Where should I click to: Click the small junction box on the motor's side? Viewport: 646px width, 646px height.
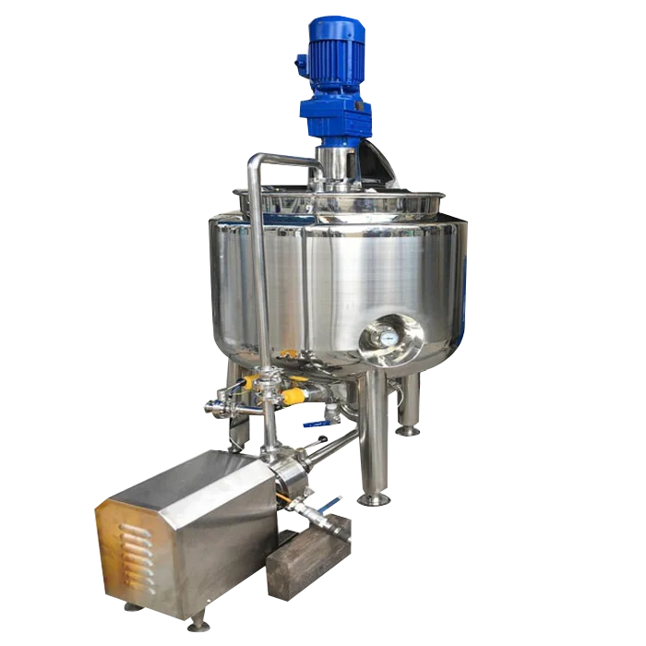point(301,65)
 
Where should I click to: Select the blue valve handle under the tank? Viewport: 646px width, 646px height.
point(317,424)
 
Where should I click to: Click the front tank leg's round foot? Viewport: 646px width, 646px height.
point(373,498)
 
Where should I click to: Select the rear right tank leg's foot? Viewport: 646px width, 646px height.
point(407,429)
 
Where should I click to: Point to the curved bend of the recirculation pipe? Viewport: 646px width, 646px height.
point(261,162)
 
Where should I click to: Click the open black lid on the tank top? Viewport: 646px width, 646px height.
point(378,166)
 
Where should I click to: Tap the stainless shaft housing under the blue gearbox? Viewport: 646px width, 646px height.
point(334,162)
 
